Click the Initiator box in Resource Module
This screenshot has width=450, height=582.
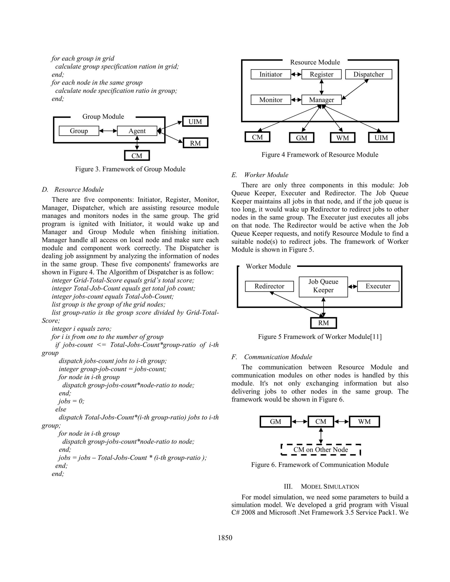(x=270, y=74)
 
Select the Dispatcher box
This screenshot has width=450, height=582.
(x=368, y=74)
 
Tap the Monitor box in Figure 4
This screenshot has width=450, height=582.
(x=270, y=100)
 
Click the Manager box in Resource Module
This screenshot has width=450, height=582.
(x=321, y=100)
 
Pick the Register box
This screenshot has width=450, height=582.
(x=321, y=74)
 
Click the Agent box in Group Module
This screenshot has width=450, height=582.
(x=137, y=131)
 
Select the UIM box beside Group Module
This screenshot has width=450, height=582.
(x=195, y=121)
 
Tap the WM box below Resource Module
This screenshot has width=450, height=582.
(x=342, y=138)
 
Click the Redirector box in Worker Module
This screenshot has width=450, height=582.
(x=269, y=286)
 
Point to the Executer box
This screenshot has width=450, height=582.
(x=378, y=286)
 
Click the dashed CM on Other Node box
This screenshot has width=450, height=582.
(x=321, y=450)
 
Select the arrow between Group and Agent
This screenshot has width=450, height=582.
(x=108, y=131)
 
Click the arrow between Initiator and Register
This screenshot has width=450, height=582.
(x=296, y=75)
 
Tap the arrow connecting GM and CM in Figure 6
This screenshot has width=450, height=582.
(x=300, y=422)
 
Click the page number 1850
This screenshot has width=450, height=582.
(x=225, y=538)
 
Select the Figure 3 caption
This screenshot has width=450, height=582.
(x=130, y=169)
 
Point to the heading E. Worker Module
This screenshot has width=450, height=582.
(x=260, y=175)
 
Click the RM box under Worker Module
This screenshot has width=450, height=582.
(x=323, y=323)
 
